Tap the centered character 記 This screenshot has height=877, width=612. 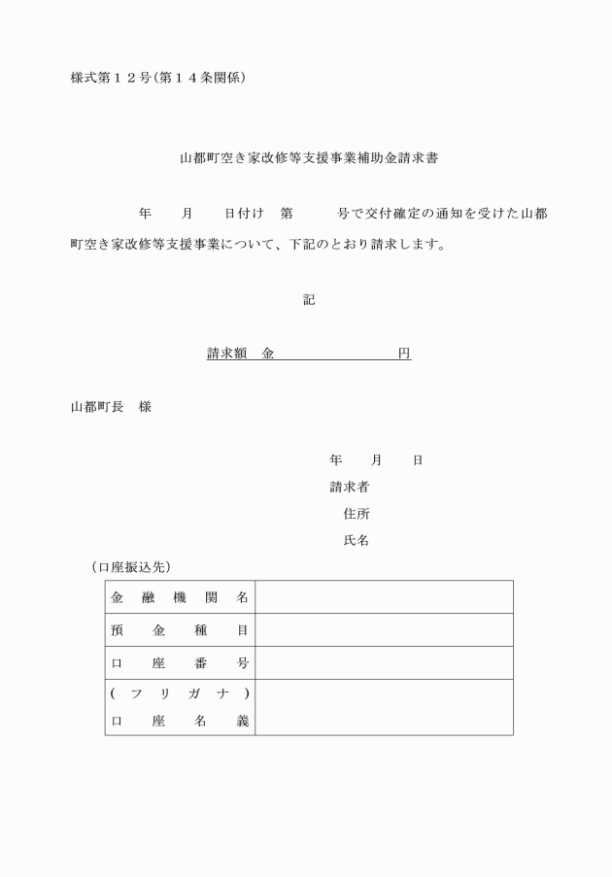[308, 300]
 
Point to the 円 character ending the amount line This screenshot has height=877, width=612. [404, 354]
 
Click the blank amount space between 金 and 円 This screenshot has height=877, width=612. [335, 354]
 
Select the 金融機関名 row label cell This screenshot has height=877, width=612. [180, 597]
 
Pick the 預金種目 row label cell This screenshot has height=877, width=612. [180, 630]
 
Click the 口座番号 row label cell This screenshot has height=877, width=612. [180, 663]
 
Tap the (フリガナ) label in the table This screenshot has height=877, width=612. [180, 693]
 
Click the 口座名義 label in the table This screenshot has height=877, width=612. [180, 722]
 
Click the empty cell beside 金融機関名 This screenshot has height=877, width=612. [384, 597]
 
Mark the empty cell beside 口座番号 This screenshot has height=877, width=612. [384, 663]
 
